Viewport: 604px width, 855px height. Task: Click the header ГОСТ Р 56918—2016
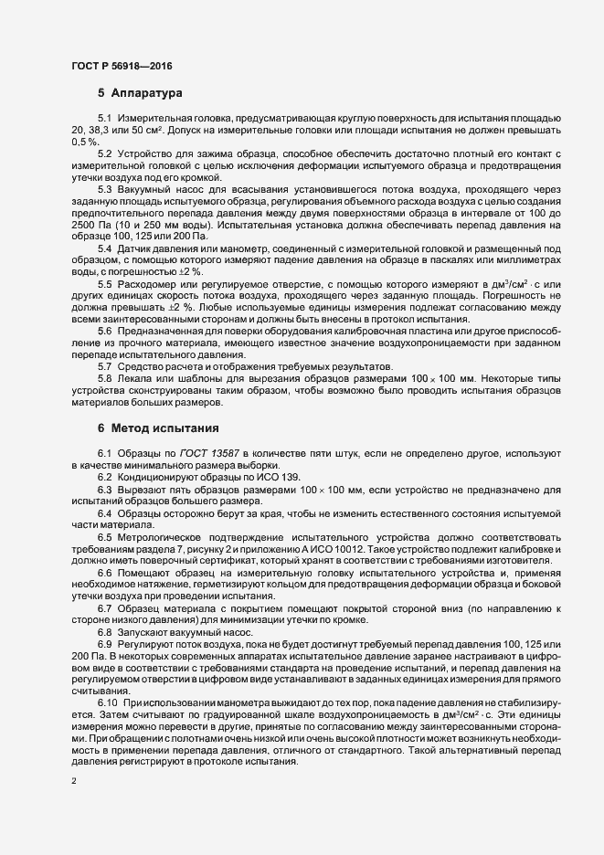[x=121, y=65]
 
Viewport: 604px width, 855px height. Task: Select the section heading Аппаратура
[x=147, y=93]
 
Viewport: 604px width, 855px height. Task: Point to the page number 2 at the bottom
[x=74, y=781]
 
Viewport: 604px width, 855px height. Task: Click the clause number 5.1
[x=104, y=120]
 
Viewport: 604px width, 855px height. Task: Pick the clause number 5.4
[x=104, y=249]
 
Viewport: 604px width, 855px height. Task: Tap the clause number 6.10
[x=107, y=701]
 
